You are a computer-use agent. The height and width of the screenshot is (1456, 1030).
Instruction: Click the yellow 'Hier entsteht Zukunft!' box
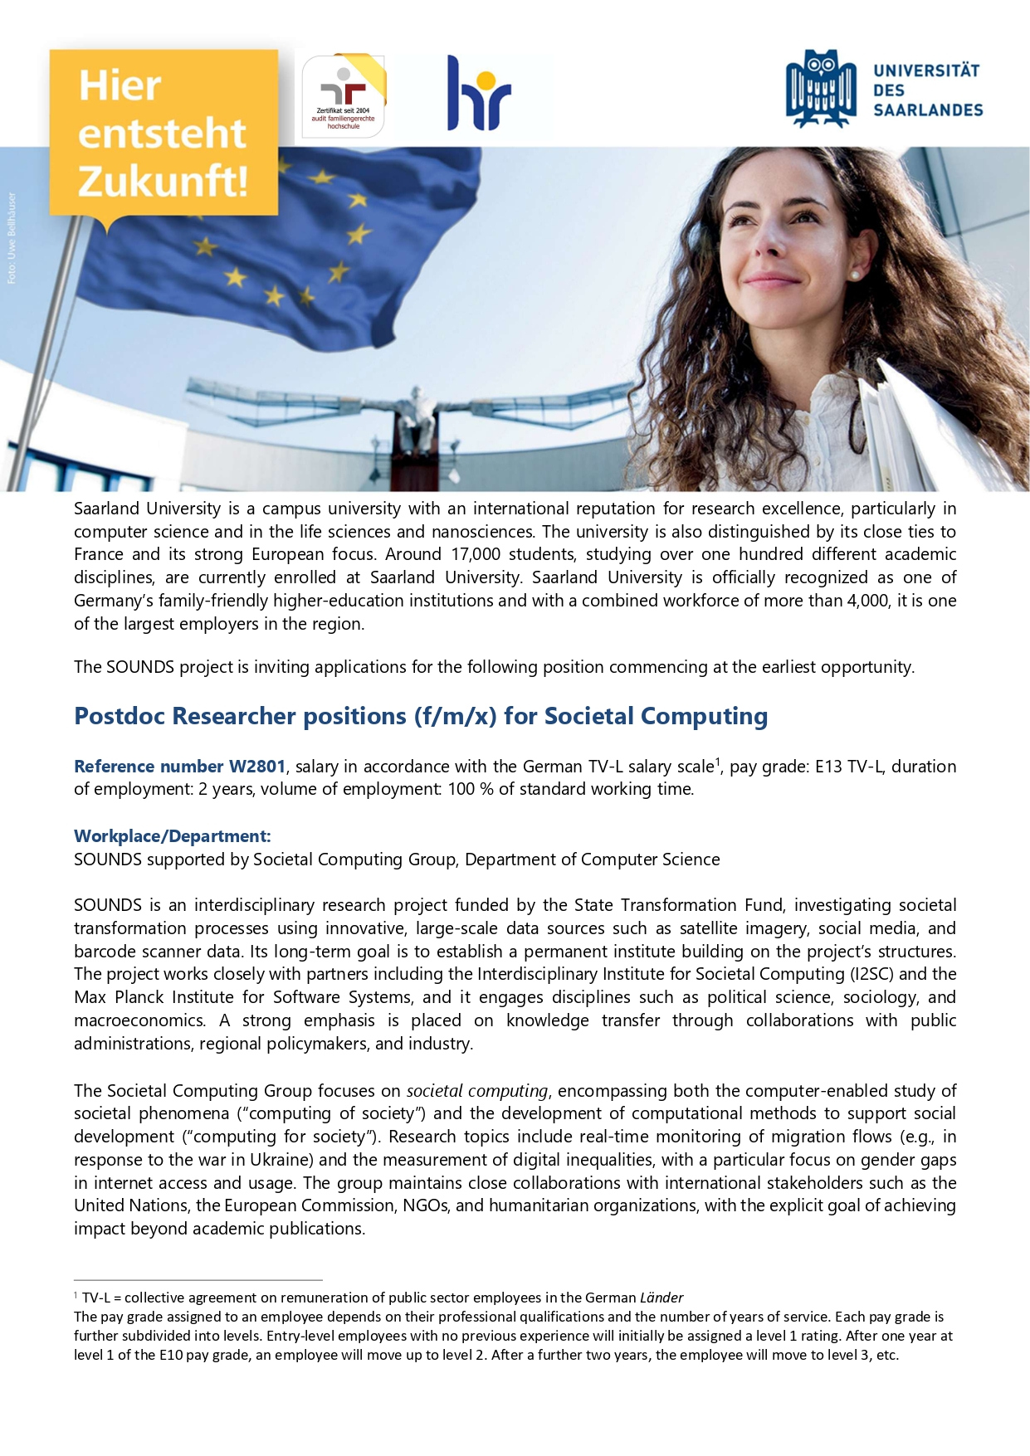(x=163, y=133)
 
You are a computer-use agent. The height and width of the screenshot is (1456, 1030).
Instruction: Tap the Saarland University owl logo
(x=821, y=88)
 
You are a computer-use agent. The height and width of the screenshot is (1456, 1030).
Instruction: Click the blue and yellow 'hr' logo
(x=479, y=94)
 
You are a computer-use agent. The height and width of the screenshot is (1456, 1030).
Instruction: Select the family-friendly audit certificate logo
(x=343, y=95)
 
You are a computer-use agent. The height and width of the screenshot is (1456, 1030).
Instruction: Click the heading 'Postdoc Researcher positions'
(x=421, y=716)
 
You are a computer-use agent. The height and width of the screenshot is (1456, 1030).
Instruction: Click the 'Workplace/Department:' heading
(x=173, y=836)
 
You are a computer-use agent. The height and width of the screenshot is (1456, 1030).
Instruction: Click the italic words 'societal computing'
(x=477, y=1091)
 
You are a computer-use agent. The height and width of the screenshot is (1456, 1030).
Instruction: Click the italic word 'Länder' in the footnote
(x=661, y=1298)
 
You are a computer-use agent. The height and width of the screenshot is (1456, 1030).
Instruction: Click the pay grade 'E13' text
(x=828, y=767)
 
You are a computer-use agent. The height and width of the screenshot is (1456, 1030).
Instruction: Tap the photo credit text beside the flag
(x=12, y=238)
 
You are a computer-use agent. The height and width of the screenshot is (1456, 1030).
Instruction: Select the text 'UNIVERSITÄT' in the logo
(x=926, y=71)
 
